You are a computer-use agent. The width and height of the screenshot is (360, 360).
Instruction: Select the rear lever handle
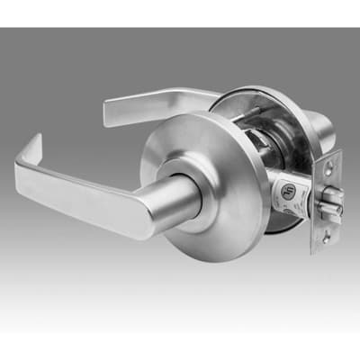point(153,103)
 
